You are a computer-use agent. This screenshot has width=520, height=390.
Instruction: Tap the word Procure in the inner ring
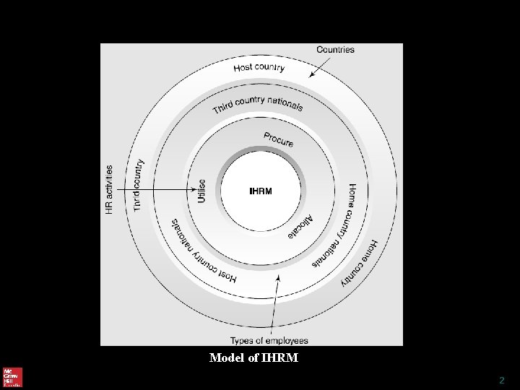click(278, 139)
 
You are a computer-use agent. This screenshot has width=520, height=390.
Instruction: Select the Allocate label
click(301, 227)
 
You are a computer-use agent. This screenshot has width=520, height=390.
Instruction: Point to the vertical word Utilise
click(201, 191)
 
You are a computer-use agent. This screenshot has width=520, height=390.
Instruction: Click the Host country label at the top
click(259, 68)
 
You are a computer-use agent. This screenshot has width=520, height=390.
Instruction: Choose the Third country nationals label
click(258, 105)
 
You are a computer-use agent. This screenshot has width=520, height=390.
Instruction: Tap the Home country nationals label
click(338, 225)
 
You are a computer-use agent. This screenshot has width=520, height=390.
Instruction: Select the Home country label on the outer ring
click(360, 264)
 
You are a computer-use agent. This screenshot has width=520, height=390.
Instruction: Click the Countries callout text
click(335, 50)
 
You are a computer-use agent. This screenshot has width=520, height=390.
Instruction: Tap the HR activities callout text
click(110, 190)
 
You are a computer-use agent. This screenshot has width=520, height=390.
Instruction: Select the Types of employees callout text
click(269, 341)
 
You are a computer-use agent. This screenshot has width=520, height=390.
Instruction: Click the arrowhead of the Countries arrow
click(311, 74)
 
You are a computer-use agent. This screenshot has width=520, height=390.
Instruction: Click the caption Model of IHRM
click(253, 357)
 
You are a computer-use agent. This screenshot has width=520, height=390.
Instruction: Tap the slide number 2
click(502, 380)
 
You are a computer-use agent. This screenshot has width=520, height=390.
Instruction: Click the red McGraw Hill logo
click(12, 377)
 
